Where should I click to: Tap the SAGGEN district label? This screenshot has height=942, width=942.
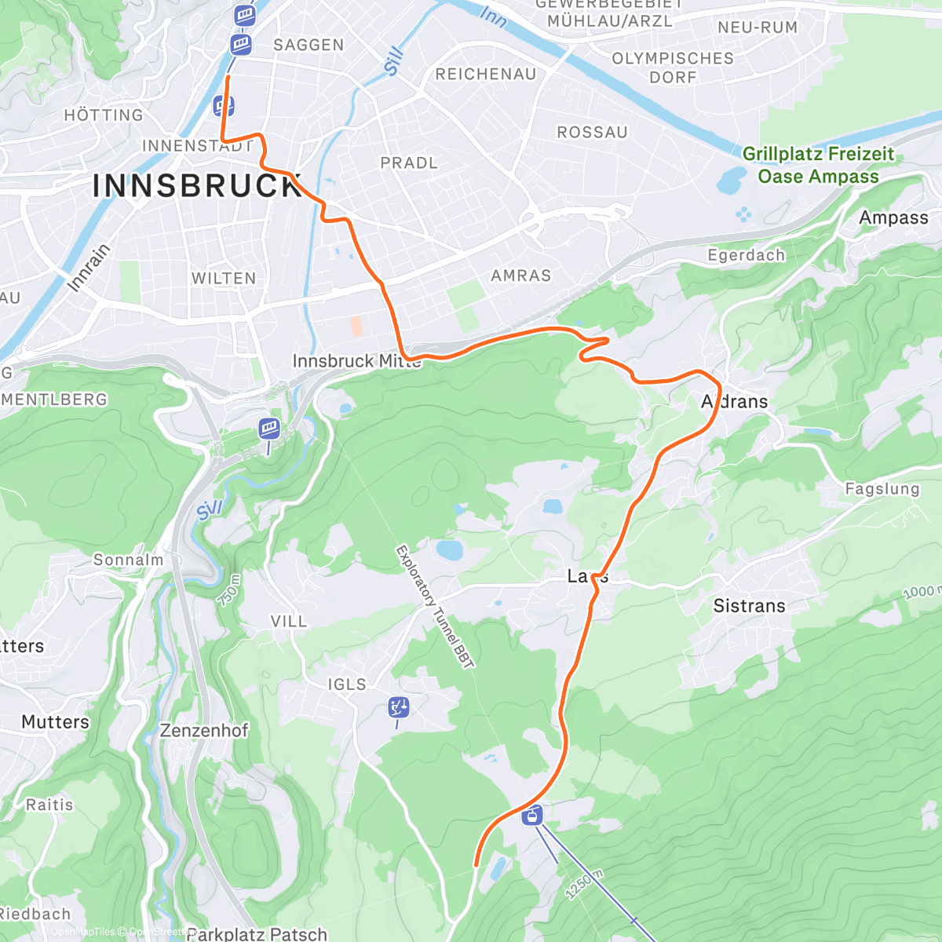pos(309,46)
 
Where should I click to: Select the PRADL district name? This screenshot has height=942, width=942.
pos(408,163)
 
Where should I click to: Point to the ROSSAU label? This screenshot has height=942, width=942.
pos(592,133)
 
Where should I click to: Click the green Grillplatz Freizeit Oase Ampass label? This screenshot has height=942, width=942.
pos(818,166)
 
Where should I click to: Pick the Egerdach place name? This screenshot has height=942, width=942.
pos(746,256)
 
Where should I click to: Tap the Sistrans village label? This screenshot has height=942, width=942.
pos(749,606)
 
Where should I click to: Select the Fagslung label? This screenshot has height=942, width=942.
pos(882,489)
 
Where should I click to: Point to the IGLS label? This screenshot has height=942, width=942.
pos(347,685)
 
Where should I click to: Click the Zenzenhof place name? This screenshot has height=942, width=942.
pos(204,731)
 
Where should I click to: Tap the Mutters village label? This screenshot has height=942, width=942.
pos(56,722)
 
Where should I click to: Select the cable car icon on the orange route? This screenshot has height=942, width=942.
pos(533,815)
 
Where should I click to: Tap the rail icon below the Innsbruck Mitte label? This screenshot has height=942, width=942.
pos(269,429)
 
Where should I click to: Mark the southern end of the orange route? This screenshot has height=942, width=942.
pos(476,865)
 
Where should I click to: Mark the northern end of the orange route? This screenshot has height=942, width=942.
pos(228,77)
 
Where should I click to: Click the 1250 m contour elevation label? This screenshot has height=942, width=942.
pos(584,885)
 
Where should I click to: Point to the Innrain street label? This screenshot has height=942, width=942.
pos(89,268)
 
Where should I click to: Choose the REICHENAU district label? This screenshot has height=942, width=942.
pos(485,75)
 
